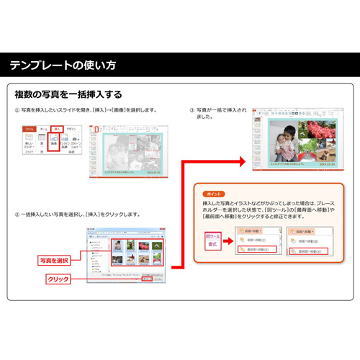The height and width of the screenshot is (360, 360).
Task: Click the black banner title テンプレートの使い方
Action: (62, 66)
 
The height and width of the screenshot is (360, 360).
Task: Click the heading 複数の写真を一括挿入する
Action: (68, 94)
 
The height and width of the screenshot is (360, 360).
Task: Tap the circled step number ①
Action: (17, 110)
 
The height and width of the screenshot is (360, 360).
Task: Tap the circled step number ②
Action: (17, 215)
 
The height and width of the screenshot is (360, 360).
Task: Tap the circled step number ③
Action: (192, 110)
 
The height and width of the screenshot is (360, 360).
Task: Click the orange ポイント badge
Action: (214, 194)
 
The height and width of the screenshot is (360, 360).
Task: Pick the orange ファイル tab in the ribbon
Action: (29, 128)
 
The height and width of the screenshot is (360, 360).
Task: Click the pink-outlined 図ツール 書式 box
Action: (214, 240)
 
